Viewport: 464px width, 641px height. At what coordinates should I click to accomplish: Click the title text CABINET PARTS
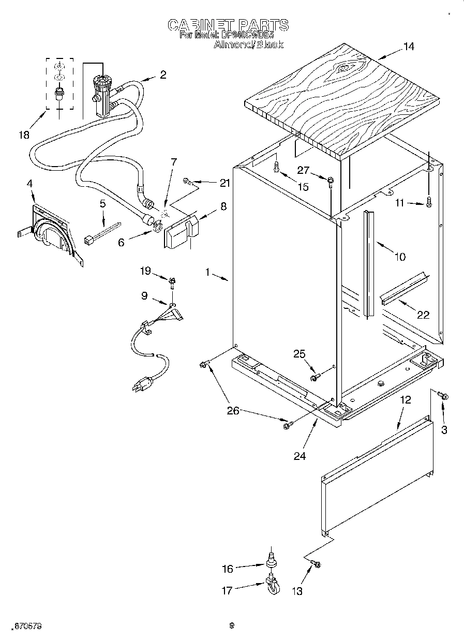228,25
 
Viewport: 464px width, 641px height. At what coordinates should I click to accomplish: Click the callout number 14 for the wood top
409,47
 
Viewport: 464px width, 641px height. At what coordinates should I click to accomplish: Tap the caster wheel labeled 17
273,586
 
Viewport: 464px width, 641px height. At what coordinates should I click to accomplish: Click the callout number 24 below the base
300,455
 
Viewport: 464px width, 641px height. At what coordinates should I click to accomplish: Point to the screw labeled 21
188,181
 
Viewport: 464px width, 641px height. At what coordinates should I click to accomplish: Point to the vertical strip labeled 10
369,264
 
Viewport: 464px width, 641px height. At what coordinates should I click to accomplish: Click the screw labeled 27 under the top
330,180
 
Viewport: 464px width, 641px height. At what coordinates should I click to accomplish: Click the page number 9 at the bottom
232,625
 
